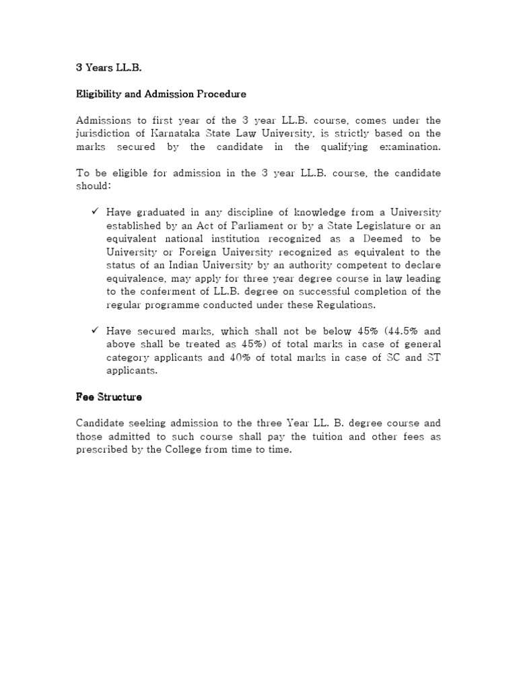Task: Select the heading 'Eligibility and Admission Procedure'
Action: tap(160, 94)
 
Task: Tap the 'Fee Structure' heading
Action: tap(108, 397)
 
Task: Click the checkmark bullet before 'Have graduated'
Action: tap(95, 212)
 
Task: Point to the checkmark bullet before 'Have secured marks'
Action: tap(95, 331)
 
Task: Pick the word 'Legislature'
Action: tap(375, 225)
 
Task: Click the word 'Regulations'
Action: tap(331, 304)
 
